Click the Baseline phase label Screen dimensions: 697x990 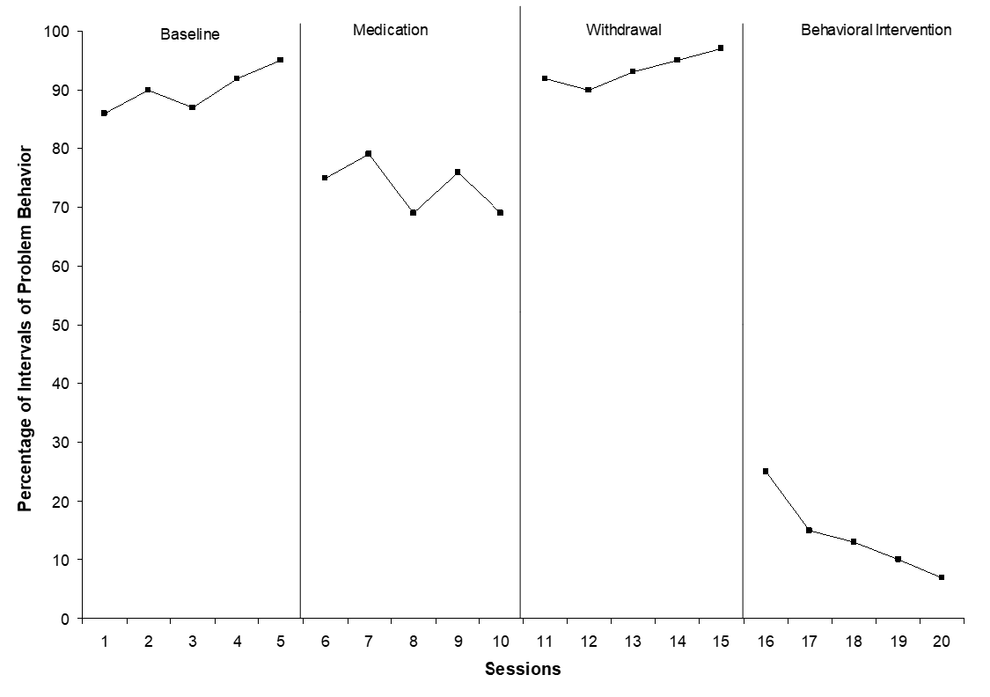[189, 35]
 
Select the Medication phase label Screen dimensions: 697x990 [390, 30]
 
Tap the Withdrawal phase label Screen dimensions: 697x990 [623, 30]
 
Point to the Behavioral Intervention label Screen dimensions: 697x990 [876, 30]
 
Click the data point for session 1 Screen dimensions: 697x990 [104, 113]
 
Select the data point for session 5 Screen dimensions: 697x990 [280, 60]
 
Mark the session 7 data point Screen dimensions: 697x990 [368, 154]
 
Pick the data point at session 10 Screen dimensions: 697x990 [500, 213]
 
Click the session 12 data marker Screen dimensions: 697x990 [588, 90]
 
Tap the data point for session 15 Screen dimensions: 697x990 [721, 48]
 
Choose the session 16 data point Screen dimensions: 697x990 [766, 471]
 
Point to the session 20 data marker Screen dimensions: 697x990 [942, 577]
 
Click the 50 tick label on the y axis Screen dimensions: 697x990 [62, 325]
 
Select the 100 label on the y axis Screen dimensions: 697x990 [59, 32]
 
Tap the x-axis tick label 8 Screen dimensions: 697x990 [413, 642]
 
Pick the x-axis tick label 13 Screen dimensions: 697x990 [633, 642]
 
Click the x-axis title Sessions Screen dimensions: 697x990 [523, 670]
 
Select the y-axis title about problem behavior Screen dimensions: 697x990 [26, 326]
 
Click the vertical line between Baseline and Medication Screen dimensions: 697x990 [301, 317]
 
